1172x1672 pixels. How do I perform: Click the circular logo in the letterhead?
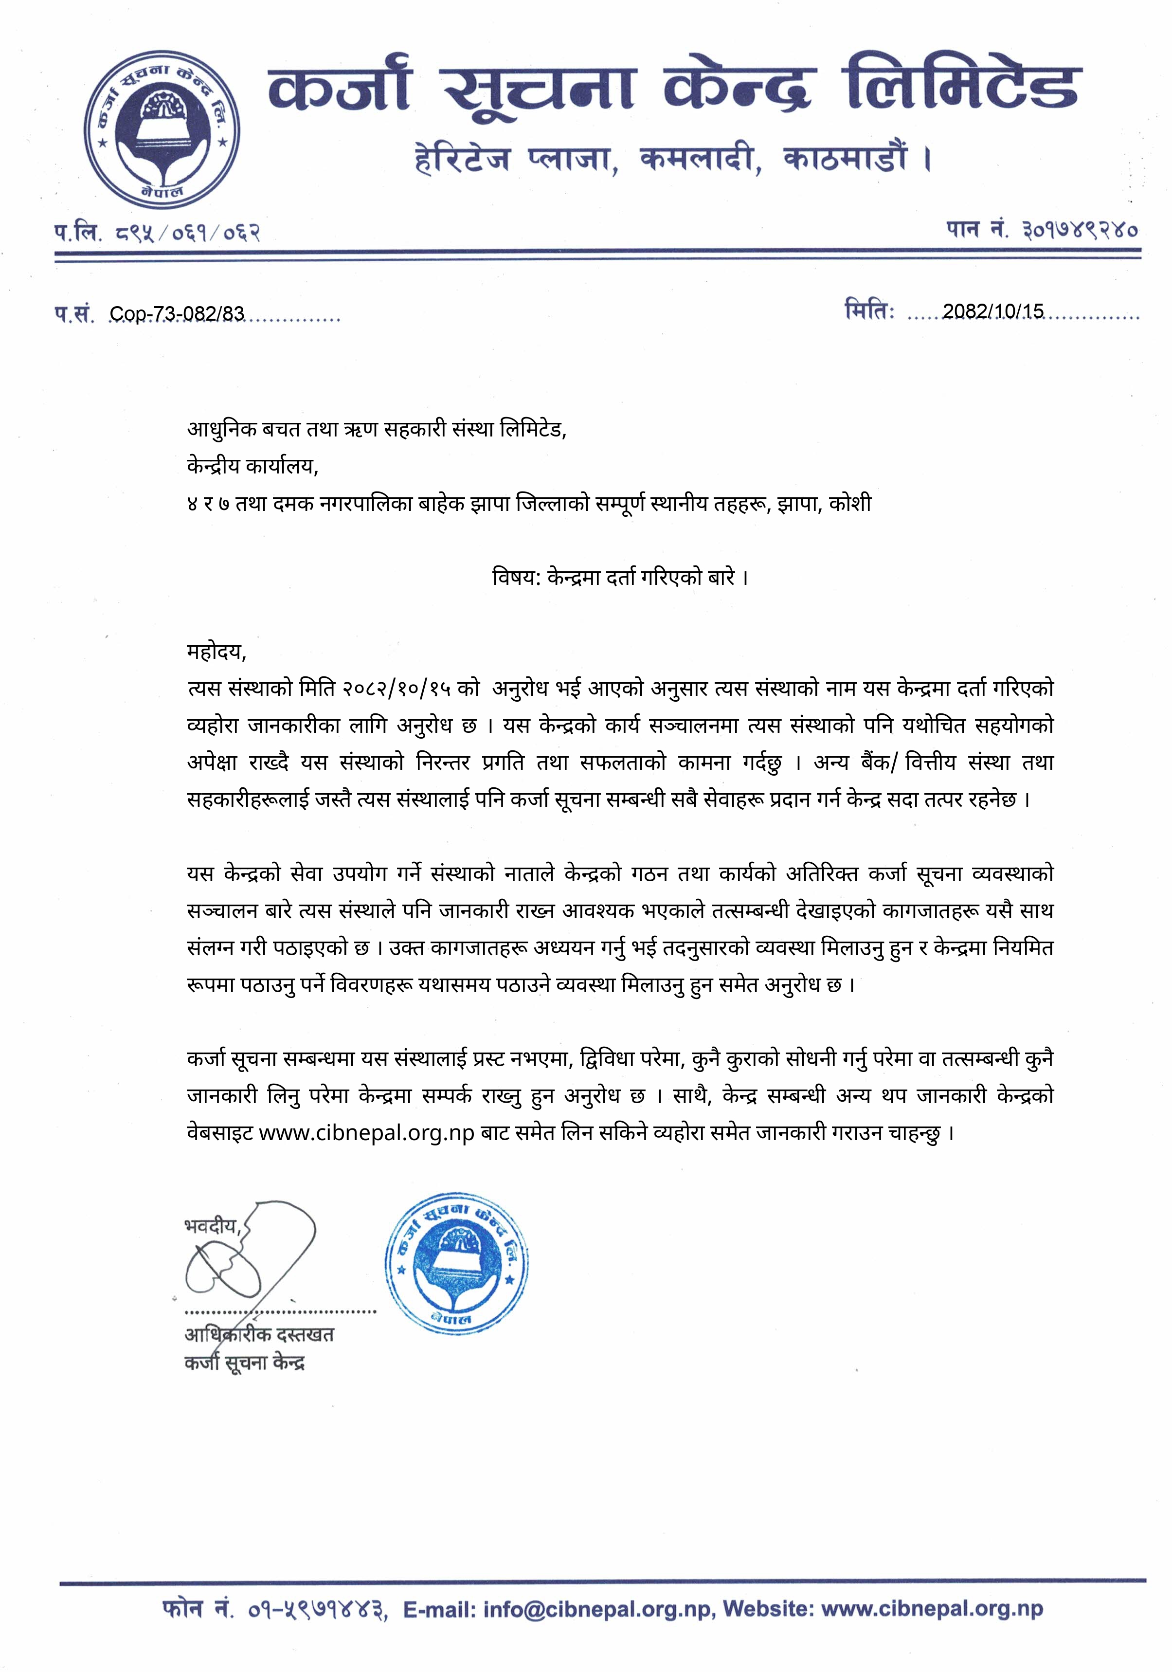pyautogui.click(x=161, y=129)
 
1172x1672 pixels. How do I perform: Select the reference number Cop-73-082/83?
pyautogui.click(x=177, y=314)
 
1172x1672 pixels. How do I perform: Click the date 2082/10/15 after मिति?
pyautogui.click(x=993, y=312)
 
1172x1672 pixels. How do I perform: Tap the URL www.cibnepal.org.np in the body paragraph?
pyautogui.click(x=367, y=1134)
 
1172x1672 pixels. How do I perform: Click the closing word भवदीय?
pyautogui.click(x=213, y=1226)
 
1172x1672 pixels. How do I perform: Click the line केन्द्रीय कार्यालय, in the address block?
pyautogui.click(x=252, y=466)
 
